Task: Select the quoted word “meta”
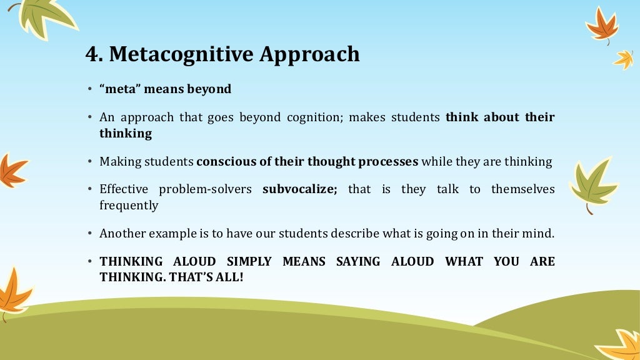119,89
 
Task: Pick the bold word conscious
226,162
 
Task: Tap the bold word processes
388,162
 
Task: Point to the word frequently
129,206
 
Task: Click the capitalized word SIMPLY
249,261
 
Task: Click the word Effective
124,189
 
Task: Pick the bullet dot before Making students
90,162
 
